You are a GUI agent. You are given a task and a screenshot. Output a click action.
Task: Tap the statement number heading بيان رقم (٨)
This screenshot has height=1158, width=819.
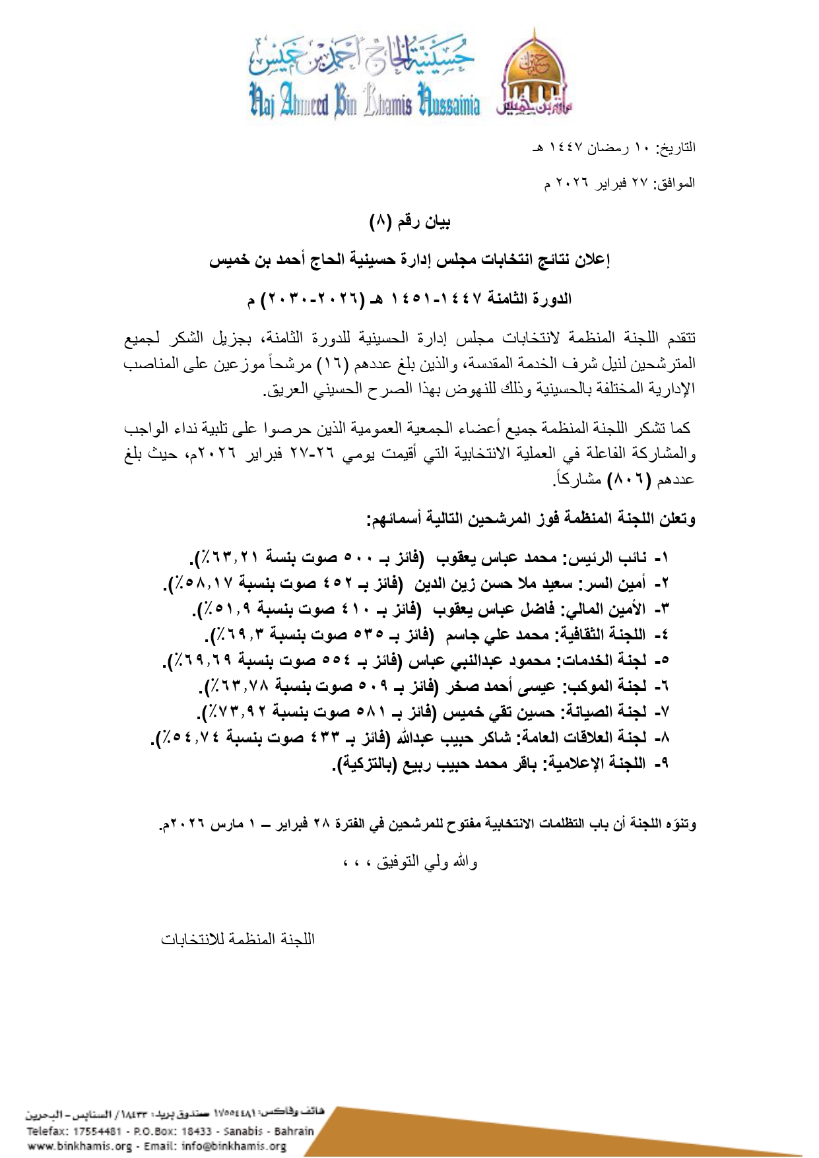click(410, 222)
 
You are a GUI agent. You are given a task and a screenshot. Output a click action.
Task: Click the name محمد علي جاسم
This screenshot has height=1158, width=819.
click(489, 635)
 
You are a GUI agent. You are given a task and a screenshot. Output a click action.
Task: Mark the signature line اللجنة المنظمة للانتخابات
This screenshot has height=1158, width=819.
click(238, 938)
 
